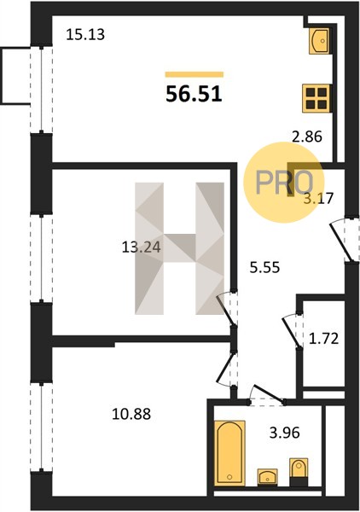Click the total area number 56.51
194,94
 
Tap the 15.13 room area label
85,34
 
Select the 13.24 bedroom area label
141,247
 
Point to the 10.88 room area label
131,414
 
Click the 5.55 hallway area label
264,268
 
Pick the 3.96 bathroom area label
284,433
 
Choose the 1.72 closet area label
323,339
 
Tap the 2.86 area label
307,137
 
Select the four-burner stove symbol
316,98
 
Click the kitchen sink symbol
319,41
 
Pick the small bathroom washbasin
268,476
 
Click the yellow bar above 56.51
195,74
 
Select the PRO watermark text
284,183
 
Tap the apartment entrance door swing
341,240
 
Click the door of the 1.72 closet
291,331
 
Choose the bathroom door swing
267,393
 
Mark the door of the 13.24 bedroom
227,309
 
